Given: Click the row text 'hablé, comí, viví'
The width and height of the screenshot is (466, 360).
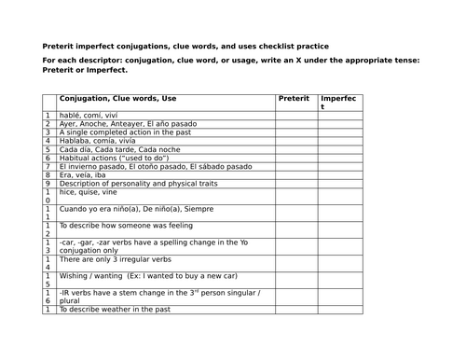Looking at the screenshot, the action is (89, 114).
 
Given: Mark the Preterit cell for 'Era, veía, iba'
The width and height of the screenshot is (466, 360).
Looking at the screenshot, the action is (296, 174).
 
